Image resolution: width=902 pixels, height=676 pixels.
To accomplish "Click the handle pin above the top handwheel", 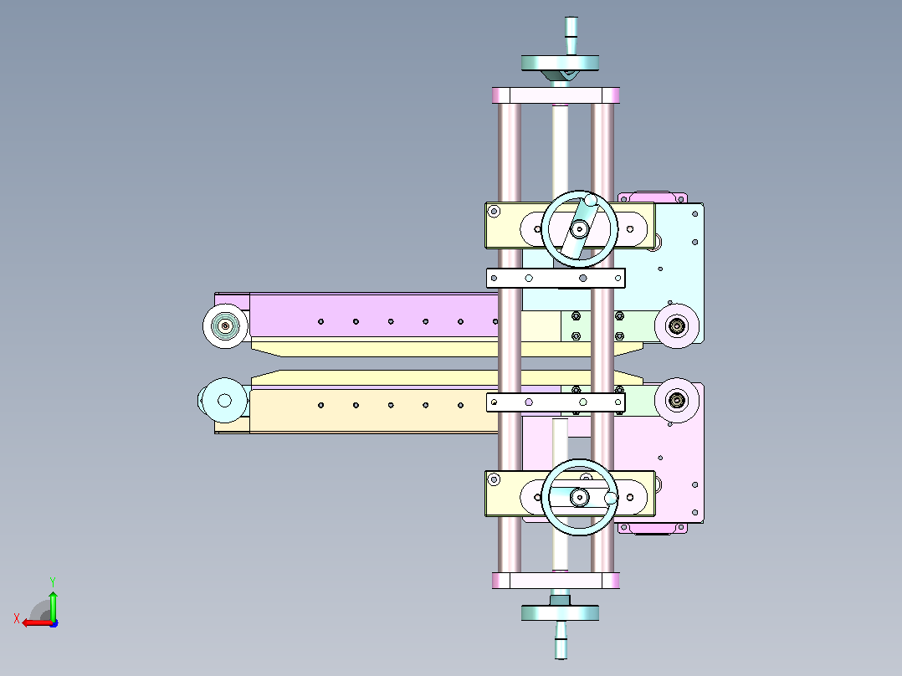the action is click(x=571, y=36).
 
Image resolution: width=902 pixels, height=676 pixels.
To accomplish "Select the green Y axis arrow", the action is click(x=53, y=605).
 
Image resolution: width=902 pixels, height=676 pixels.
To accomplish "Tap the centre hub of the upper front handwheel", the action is click(x=579, y=229).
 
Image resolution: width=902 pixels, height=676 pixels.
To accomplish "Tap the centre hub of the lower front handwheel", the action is click(x=579, y=497).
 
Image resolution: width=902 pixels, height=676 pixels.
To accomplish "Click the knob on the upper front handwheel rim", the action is click(x=591, y=201).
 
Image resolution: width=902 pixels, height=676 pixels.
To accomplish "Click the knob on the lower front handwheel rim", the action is click(x=611, y=498).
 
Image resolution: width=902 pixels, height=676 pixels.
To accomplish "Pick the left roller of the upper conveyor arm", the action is click(x=226, y=325).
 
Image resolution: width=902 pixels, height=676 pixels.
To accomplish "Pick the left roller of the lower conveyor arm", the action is click(x=225, y=401).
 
